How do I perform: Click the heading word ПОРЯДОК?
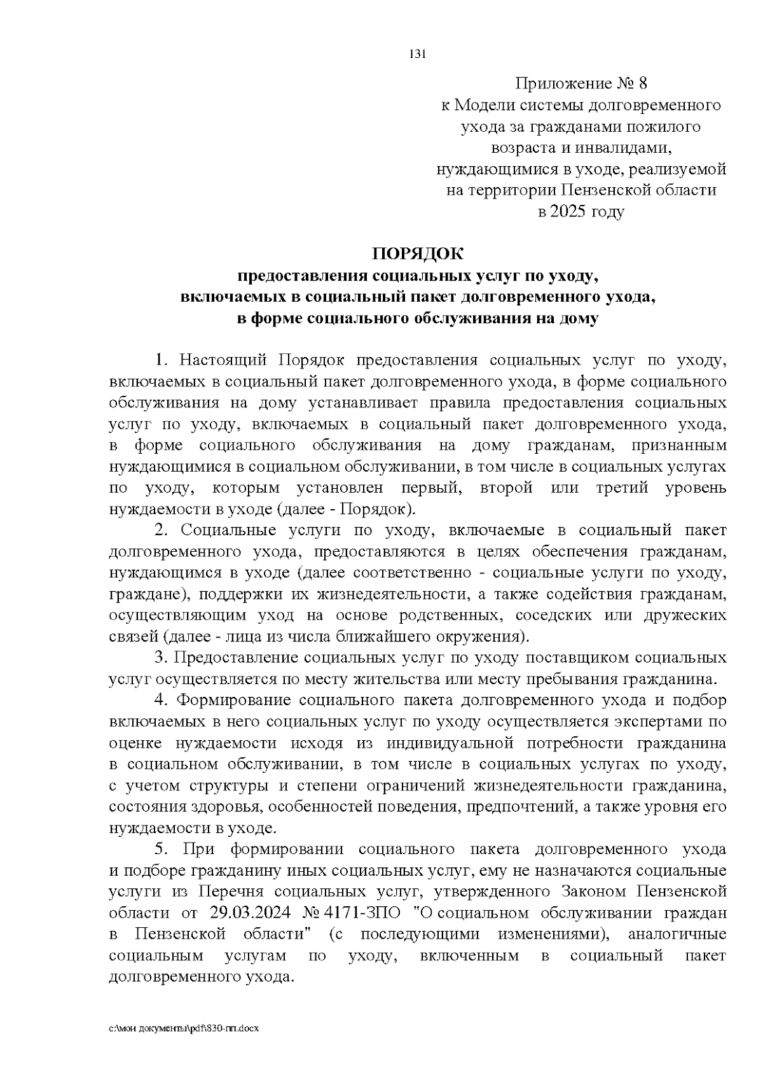tap(418, 253)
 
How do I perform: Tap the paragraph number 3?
tap(161, 657)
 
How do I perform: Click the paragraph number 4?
tap(161, 700)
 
